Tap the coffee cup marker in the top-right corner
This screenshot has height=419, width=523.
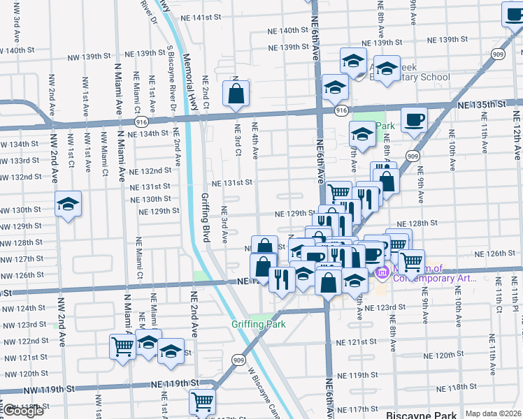(515, 15)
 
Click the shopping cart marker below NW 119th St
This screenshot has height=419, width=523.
(202, 402)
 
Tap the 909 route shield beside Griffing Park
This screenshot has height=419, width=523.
(238, 358)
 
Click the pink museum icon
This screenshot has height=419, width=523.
(382, 272)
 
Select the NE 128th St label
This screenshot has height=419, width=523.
(417, 223)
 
